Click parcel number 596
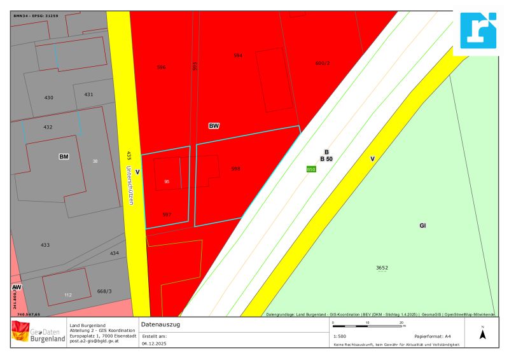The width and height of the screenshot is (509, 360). pyautogui.click(x=161, y=67)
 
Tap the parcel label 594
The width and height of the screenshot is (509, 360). pyautogui.click(x=238, y=56)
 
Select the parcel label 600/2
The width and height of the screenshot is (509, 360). pyautogui.click(x=324, y=63)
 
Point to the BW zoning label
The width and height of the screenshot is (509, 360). pyautogui.click(x=214, y=126)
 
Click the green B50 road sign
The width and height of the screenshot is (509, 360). pyautogui.click(x=311, y=169)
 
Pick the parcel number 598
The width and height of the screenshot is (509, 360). pyautogui.click(x=235, y=169)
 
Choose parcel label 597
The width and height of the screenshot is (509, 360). pyautogui.click(x=167, y=214)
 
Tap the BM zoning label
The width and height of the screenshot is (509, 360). pyautogui.click(x=64, y=156)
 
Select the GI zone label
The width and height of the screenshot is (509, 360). pyautogui.click(x=422, y=226)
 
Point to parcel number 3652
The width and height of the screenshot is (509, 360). pyautogui.click(x=382, y=268)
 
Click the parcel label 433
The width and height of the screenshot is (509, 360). pyautogui.click(x=45, y=245)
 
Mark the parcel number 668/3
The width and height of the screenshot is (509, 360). pyautogui.click(x=104, y=292)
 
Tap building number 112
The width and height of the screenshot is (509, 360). pyautogui.click(x=67, y=295)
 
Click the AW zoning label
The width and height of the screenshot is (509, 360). pyautogui.click(x=16, y=287)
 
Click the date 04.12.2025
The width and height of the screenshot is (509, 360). pyautogui.click(x=153, y=342)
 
